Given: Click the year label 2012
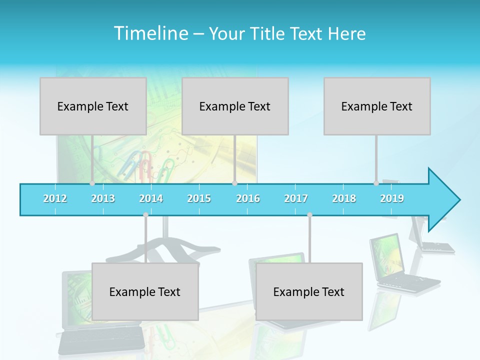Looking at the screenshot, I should coord(55,198).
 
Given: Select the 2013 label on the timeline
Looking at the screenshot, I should coord(103,198).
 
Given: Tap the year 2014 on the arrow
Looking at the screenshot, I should coord(151,198).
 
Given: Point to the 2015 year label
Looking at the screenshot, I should coord(199,198).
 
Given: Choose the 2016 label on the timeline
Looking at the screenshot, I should coord(248,198).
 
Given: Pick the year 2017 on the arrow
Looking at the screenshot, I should coord(296,198).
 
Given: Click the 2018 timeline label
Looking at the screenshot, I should coord(344,198).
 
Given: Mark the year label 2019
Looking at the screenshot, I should coord(392,198).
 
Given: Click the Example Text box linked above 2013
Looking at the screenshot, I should coord(93,106).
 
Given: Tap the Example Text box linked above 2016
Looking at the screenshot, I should coord(235,106).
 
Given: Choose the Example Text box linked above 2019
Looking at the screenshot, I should coord(377,106).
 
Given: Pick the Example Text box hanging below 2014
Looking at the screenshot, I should coord(145,291).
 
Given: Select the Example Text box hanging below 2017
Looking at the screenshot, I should coord(309,291).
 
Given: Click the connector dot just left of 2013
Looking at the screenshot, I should coord(92,183).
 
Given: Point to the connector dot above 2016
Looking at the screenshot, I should coord(234,183).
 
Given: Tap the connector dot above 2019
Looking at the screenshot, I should coord(376,183).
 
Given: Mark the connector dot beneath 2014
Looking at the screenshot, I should coord(145,215).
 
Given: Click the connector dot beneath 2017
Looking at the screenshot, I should coord(309,215).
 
